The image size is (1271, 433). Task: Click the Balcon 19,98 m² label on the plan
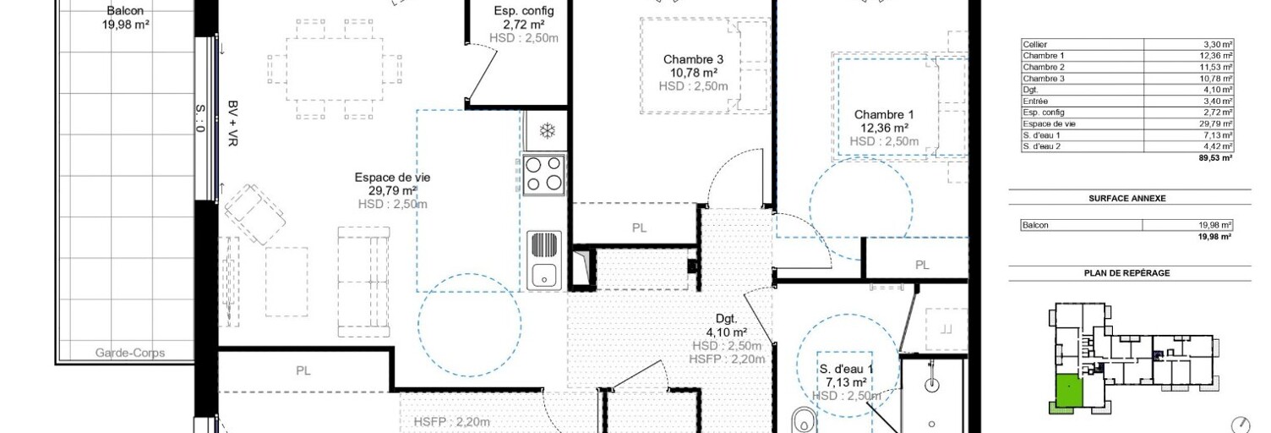coord(125,18)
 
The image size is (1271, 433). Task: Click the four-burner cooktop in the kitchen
coord(543,174)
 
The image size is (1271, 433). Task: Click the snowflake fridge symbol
coord(547,131)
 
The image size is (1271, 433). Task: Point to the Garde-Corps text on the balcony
coord(130,353)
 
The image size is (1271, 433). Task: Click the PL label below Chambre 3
coord(639,227)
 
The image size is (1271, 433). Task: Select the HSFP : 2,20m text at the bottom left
coord(452,423)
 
